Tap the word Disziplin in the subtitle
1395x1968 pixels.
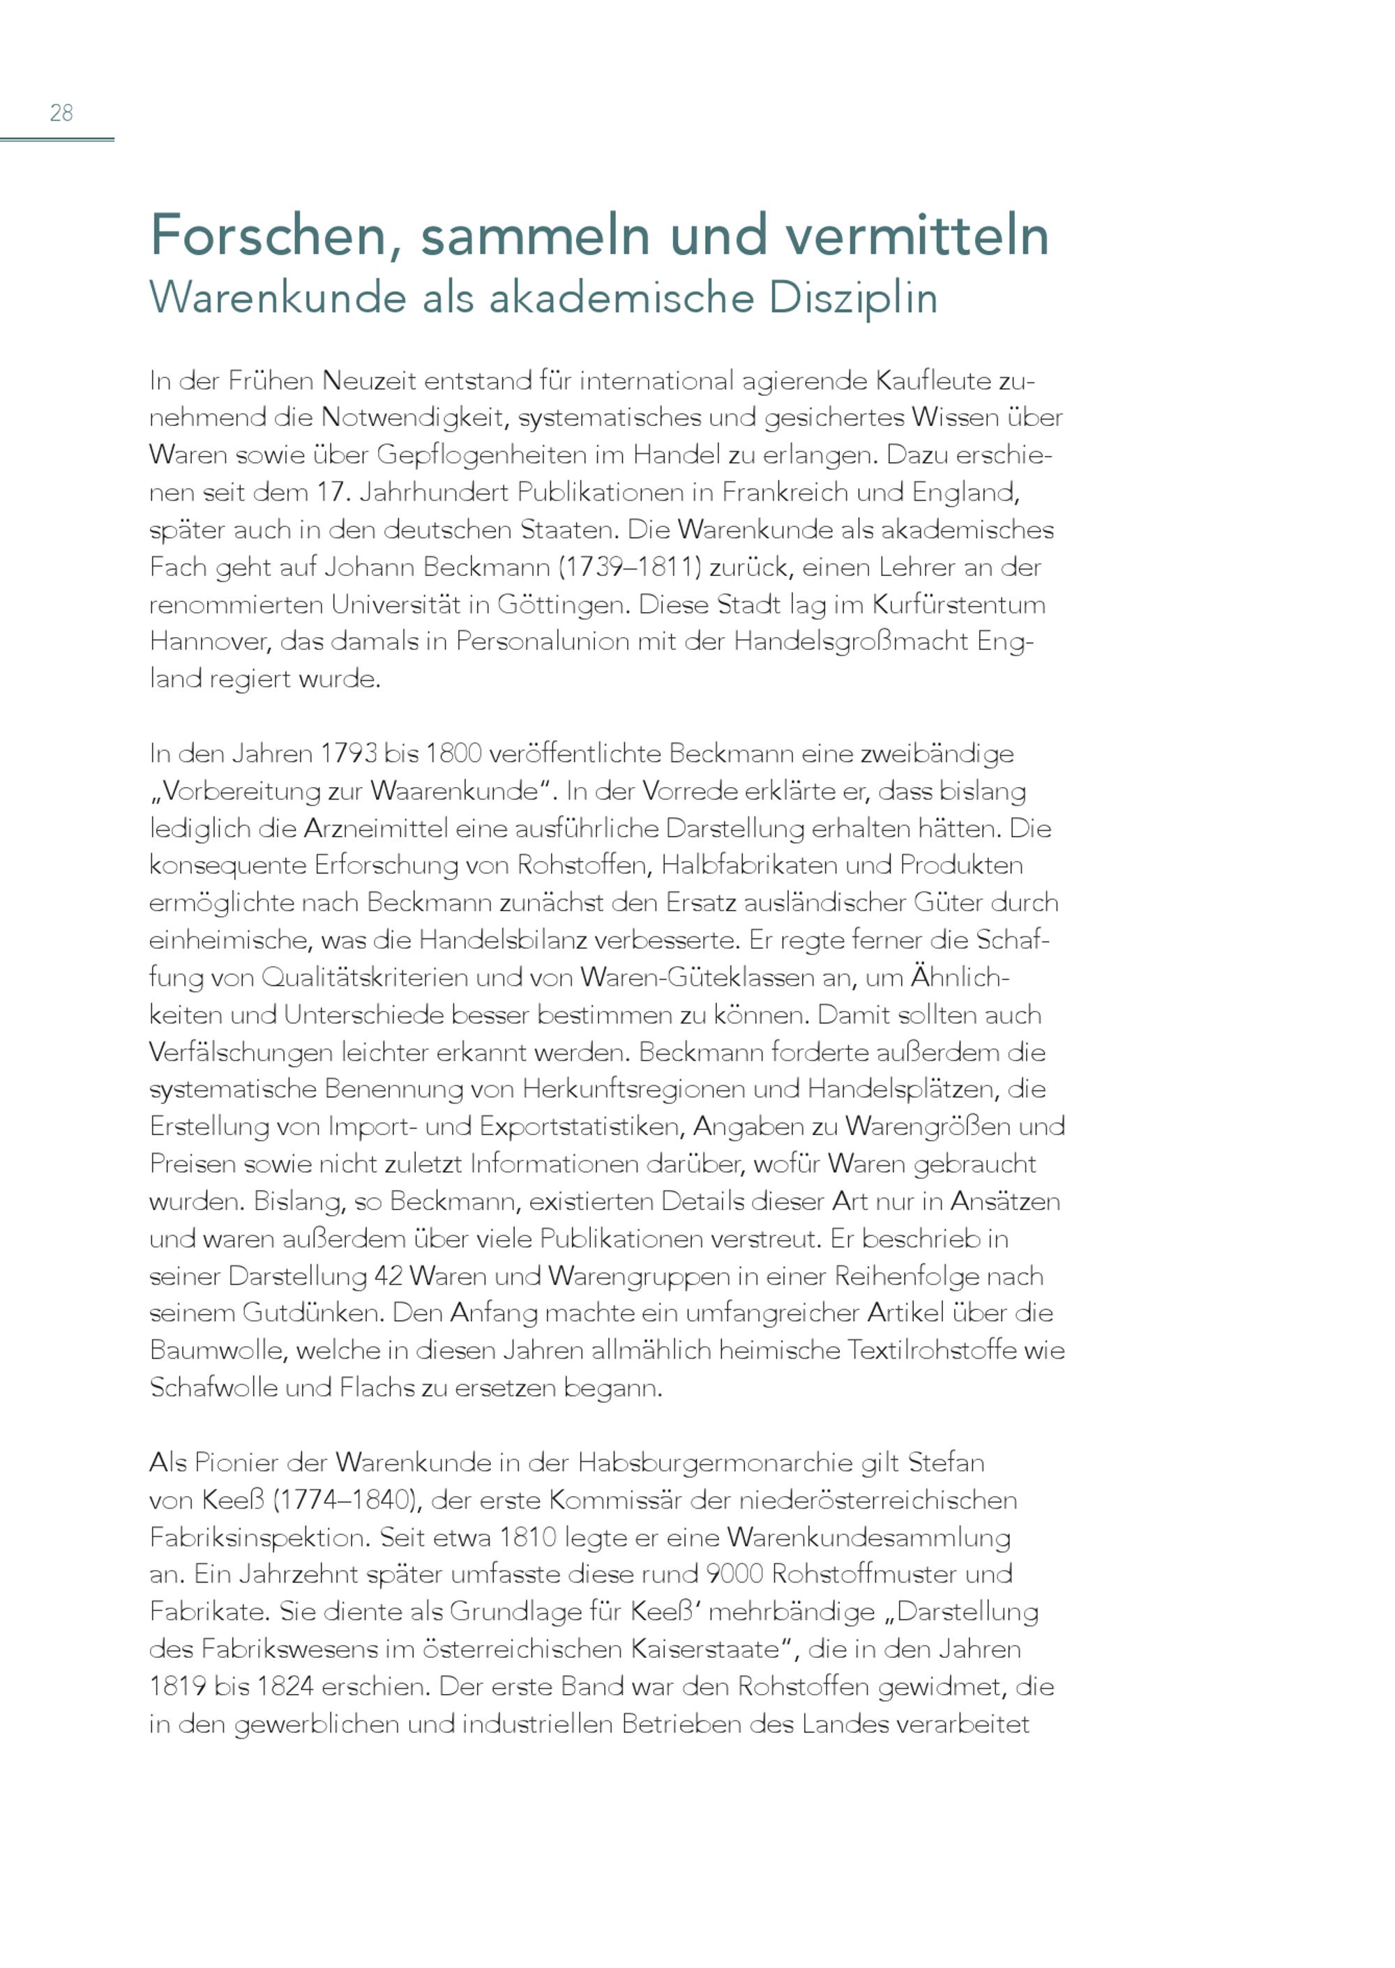pos(852,297)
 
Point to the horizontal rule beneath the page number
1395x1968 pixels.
pos(56,138)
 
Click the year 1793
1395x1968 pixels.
pos(348,753)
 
